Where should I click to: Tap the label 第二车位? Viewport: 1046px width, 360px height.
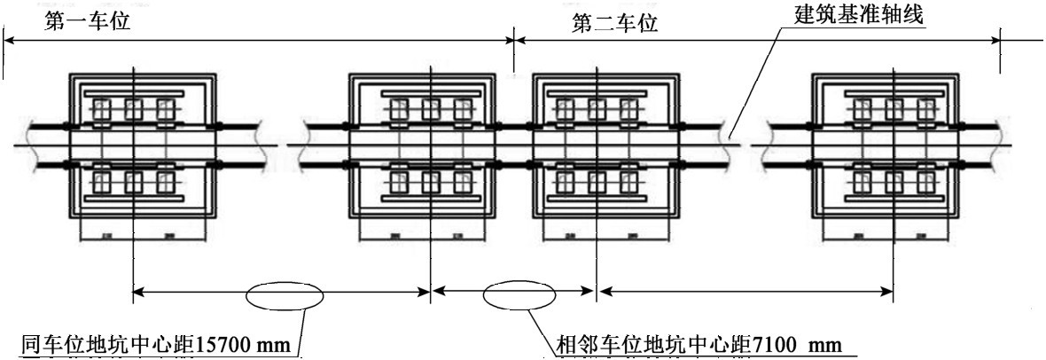click(614, 23)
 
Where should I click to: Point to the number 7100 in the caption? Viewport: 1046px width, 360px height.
click(775, 343)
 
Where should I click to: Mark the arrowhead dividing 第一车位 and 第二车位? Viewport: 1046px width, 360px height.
click(515, 39)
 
